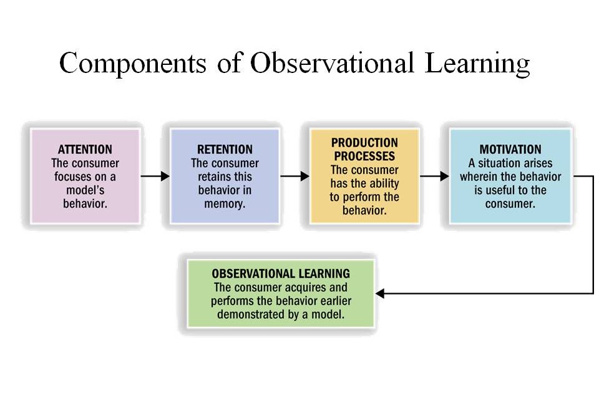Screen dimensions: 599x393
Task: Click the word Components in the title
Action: point(132,64)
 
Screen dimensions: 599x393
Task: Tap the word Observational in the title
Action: point(332,62)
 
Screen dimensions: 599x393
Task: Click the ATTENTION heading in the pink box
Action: point(85,149)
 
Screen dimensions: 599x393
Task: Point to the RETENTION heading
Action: point(225,149)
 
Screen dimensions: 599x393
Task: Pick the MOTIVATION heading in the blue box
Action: point(510,149)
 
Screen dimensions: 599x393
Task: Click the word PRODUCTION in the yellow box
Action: point(364,143)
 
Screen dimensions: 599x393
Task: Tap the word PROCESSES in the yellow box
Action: point(364,156)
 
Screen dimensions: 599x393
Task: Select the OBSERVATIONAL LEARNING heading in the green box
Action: point(281,274)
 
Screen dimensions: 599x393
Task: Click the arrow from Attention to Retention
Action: point(155,176)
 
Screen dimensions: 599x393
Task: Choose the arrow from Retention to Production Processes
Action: point(295,176)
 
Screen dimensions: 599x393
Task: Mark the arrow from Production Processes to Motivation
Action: point(434,176)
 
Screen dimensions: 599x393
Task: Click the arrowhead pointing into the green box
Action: point(380,293)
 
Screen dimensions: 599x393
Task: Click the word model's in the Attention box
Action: point(85,190)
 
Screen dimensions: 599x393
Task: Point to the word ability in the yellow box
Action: point(384,184)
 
